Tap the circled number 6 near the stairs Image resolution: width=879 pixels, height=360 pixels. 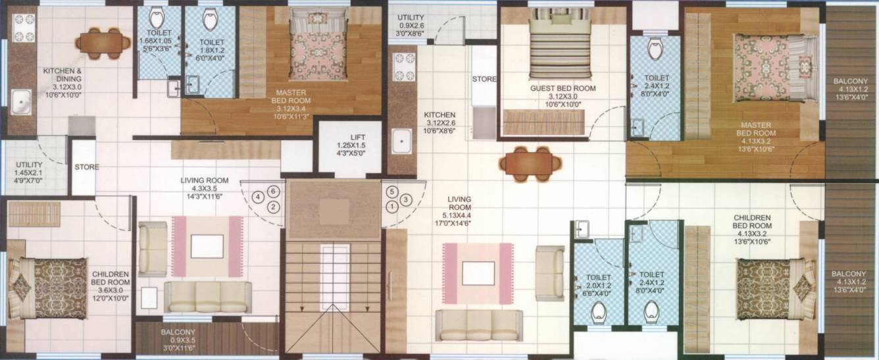(x=274, y=191)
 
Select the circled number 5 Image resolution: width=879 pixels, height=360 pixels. (x=392, y=192)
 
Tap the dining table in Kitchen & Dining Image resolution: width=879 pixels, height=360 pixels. (x=103, y=41)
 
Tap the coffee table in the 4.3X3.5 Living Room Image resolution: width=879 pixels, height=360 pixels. (x=207, y=246)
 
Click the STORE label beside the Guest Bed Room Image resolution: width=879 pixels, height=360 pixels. (x=484, y=79)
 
